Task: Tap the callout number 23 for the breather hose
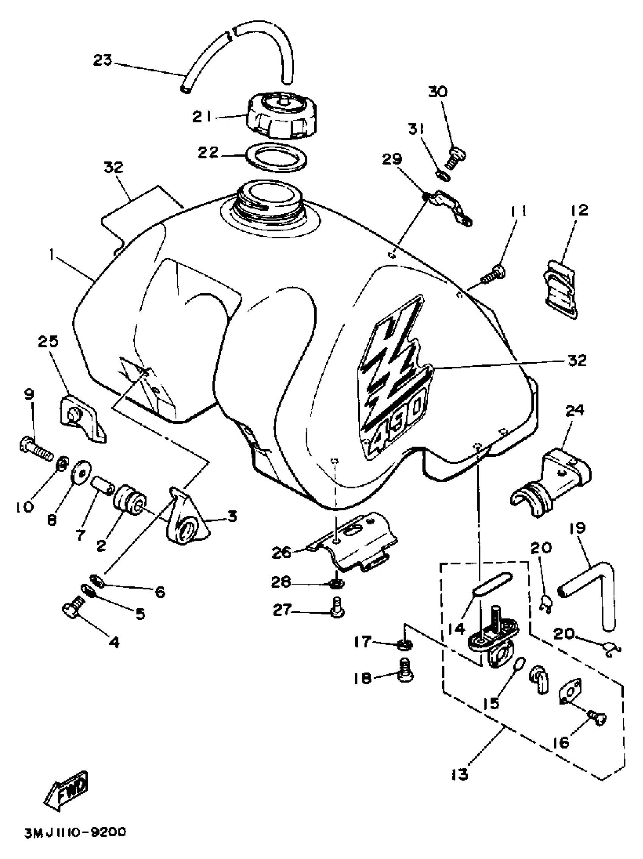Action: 103,60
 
